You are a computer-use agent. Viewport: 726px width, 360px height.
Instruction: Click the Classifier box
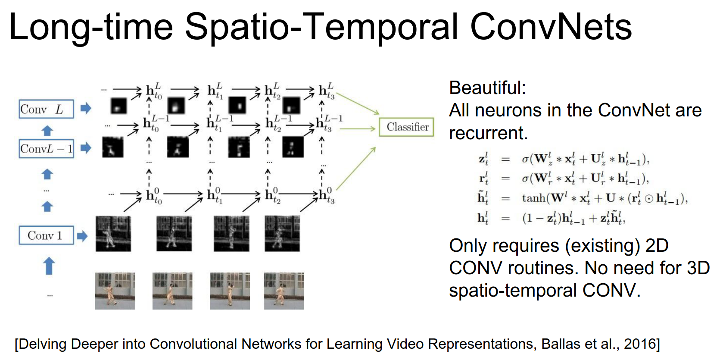point(406,127)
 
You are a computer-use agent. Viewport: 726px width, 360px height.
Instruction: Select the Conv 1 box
point(46,235)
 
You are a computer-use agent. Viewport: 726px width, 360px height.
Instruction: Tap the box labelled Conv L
point(46,109)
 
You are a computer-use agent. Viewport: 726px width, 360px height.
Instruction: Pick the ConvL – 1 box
point(46,149)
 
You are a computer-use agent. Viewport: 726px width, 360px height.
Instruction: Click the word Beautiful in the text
point(486,88)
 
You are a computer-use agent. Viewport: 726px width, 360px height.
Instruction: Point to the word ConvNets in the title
point(551,27)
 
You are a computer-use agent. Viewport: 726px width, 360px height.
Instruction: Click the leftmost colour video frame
point(115,291)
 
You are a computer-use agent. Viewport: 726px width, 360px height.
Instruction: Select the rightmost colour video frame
point(284,291)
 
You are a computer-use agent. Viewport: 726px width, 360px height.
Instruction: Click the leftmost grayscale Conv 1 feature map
point(113,234)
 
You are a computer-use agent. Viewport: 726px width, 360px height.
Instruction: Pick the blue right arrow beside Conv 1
point(82,236)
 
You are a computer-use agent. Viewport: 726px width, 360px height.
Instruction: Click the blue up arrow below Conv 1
point(49,266)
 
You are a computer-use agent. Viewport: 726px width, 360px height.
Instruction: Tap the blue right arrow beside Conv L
point(86,108)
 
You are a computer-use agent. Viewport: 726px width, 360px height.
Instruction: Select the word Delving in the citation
point(43,344)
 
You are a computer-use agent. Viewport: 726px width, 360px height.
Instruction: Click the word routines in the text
point(543,268)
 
